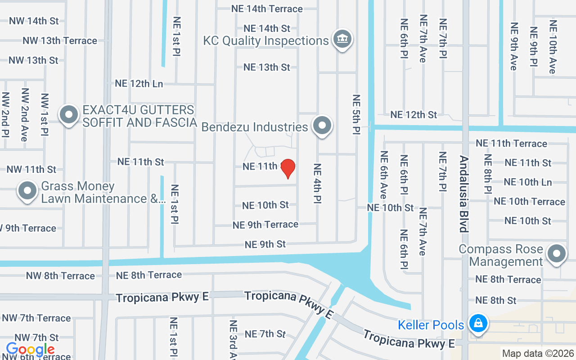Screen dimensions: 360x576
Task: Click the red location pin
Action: point(288,168)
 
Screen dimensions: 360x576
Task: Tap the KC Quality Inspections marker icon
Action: point(342,39)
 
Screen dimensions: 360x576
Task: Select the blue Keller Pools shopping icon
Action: point(477,324)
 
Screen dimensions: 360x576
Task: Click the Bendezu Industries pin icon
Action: point(322,126)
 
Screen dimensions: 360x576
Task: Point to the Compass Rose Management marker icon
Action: point(556,254)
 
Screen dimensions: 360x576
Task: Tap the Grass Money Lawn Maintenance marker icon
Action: point(27,191)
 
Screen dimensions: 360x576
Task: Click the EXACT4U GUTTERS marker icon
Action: point(69,115)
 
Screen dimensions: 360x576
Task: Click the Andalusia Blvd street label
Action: point(463,194)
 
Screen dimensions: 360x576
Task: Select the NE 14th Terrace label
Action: point(267,9)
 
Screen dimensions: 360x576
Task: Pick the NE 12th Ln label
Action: point(139,84)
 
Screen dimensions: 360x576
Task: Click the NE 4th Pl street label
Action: point(317,183)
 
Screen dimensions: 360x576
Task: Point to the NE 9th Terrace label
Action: point(265,224)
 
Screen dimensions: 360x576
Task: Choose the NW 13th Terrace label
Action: point(60,40)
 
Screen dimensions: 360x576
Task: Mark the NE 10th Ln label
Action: point(527,182)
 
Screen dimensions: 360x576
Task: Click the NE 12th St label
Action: point(413,115)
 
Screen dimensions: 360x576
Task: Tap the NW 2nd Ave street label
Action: point(25,115)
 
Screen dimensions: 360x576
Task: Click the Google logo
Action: point(30,349)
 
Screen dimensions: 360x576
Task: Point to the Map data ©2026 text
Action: point(538,354)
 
